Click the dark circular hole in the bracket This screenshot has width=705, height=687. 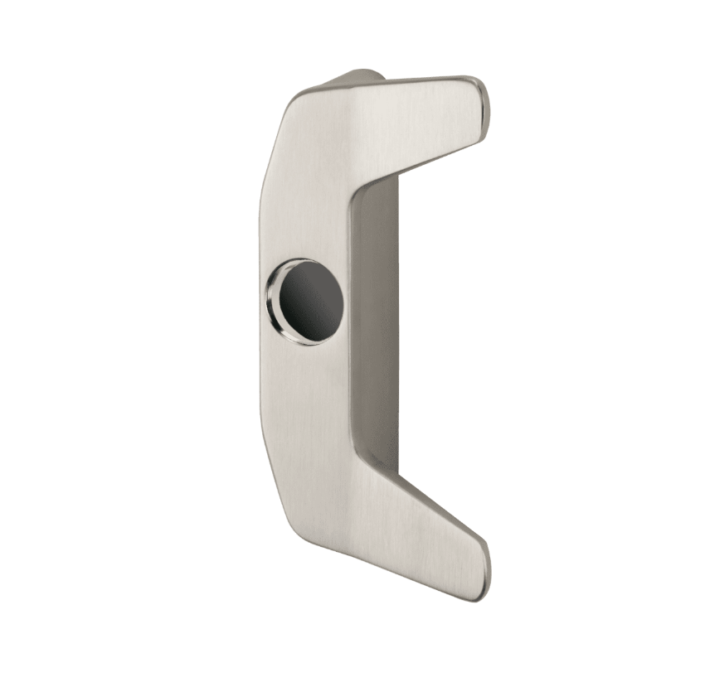[312, 302]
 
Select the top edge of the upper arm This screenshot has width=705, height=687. [415, 81]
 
